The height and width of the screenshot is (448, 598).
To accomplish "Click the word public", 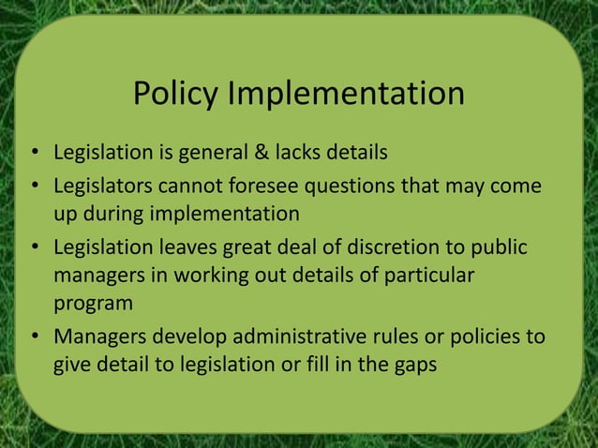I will pos(503,247).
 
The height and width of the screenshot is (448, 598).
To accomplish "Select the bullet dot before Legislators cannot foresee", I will pos(35,186).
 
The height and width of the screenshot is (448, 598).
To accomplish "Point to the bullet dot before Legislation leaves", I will pos(35,248).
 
